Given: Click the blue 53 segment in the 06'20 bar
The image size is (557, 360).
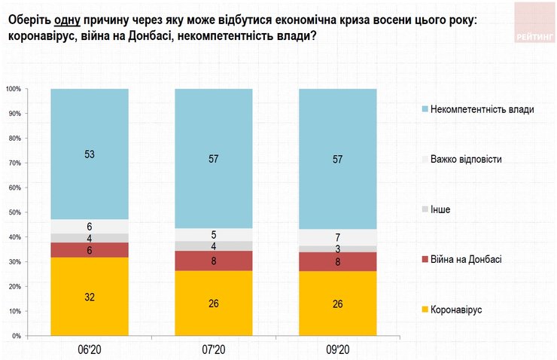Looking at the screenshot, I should coord(90,154).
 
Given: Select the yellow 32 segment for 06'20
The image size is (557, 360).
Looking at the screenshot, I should coord(90,296).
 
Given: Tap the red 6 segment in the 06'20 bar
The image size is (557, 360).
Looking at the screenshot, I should coord(90,250).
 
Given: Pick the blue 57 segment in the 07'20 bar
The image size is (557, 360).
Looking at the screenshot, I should coord(214,159).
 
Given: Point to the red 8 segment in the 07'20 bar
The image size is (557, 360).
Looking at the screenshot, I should coord(214,261).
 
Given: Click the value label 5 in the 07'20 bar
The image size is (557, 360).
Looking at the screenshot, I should coord(214,234).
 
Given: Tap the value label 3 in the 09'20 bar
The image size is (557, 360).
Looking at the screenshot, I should coord(338,249).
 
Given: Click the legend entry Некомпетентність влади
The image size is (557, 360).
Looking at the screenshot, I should coord(478,109).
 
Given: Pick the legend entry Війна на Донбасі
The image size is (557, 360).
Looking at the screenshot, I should coord(467,259).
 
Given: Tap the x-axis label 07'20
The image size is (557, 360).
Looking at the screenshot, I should coord(214,349).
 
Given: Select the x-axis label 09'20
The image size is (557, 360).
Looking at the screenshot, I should coord(338,349).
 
